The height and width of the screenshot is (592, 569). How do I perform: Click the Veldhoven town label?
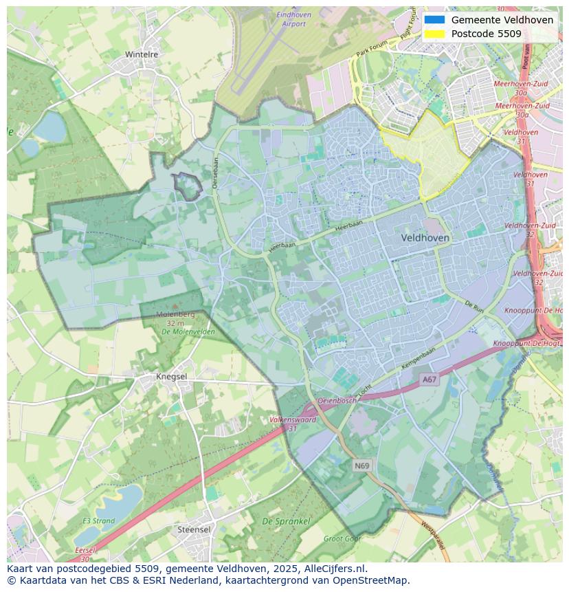[x=425, y=237]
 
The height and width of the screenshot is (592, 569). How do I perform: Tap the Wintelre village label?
[x=142, y=54]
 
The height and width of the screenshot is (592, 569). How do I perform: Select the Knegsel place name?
[x=171, y=377]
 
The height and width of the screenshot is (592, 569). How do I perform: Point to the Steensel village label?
[x=194, y=529]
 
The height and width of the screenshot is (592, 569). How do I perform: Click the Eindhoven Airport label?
[x=293, y=19]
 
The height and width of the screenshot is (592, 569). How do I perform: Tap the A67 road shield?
[x=429, y=380]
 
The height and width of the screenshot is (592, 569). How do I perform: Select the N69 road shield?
[x=362, y=465]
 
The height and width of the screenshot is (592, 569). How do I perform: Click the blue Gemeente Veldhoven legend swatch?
[x=434, y=20]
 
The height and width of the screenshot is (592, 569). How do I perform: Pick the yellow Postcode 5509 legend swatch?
[x=434, y=34]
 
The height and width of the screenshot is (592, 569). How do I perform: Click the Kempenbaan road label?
[x=419, y=360]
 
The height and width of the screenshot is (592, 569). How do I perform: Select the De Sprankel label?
[x=286, y=521]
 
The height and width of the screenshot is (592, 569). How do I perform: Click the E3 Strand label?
[x=98, y=520]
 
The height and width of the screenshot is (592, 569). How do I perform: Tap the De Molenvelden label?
[x=188, y=331]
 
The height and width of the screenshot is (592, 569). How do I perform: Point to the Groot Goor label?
[x=342, y=539]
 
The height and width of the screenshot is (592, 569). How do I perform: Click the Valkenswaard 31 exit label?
[x=293, y=423]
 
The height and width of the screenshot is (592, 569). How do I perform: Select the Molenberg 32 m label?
[x=175, y=318]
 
